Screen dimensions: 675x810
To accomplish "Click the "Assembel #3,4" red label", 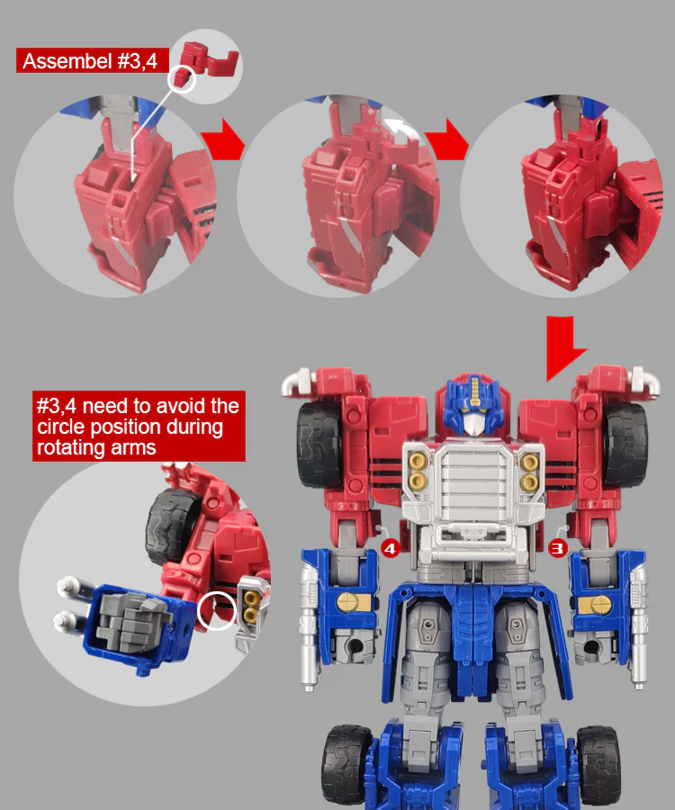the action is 93,61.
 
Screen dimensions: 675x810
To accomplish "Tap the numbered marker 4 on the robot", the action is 391,549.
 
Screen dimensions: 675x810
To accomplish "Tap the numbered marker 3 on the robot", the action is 557,548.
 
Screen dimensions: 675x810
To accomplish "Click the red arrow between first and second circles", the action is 223,139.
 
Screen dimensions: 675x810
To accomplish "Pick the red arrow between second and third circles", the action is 447,139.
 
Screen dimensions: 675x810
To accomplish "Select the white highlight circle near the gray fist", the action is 216,611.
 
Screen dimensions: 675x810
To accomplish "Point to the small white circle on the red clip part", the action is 182,79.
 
